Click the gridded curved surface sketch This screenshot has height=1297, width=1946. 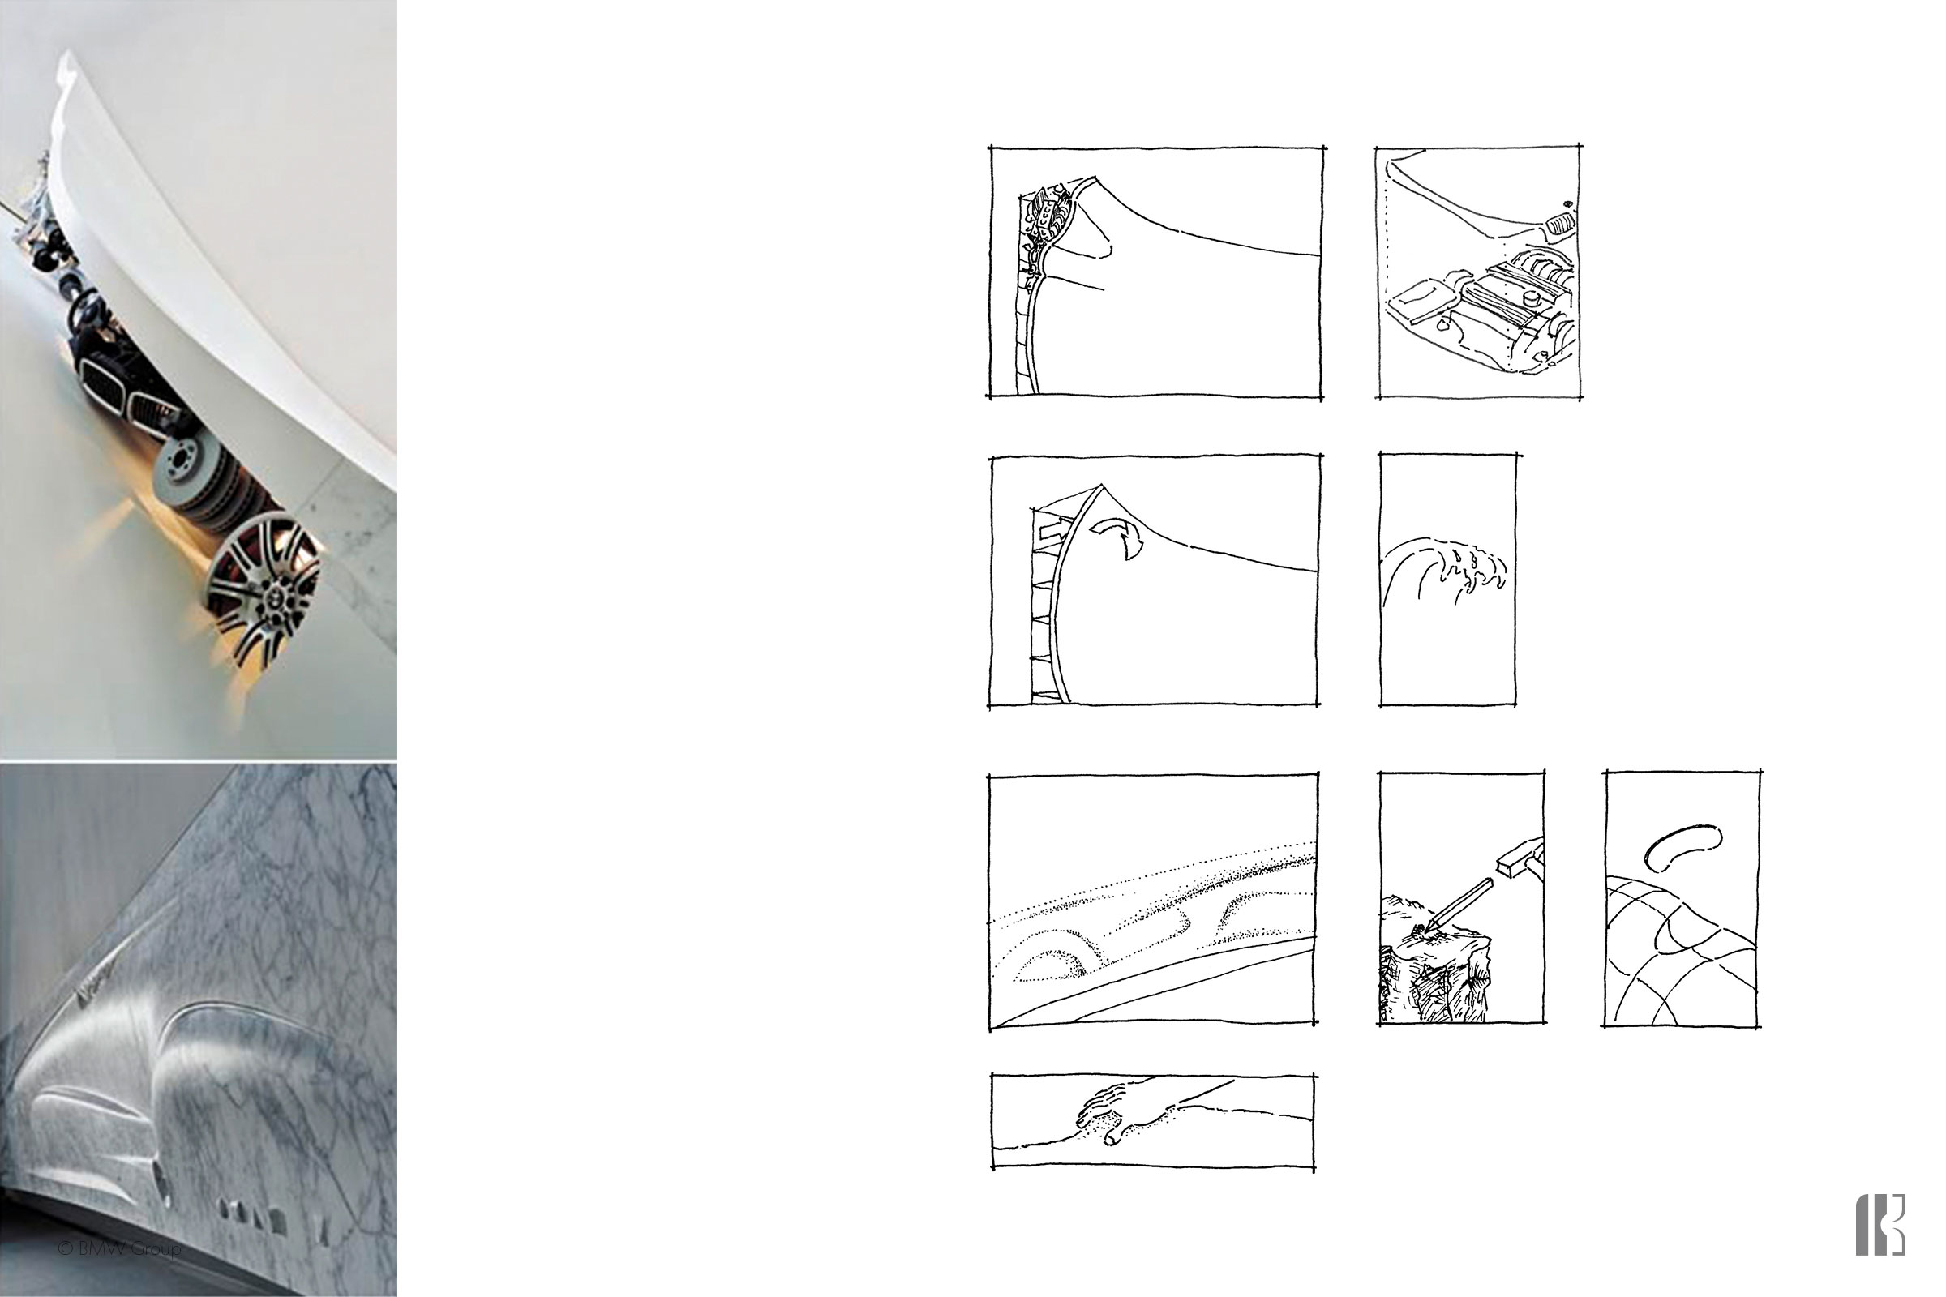click(x=1679, y=960)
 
